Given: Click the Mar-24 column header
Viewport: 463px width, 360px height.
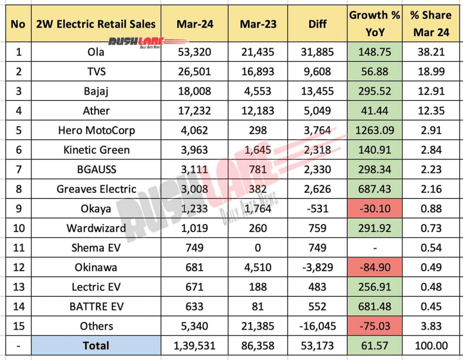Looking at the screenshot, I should (194, 24).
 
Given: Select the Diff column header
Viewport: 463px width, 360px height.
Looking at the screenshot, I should (317, 24).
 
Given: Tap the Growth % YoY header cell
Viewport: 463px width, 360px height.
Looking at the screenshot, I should (374, 24).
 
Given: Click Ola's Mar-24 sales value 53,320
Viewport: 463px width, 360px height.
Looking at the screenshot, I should (194, 52).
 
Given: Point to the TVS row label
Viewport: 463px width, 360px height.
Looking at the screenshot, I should (96, 71).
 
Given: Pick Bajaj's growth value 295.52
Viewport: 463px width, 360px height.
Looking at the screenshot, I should (374, 91).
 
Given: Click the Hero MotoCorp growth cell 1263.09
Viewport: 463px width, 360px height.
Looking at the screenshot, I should (374, 131).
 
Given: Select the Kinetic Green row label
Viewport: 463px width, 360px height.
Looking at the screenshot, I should (96, 150).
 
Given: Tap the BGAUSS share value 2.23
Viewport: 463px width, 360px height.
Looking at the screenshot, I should (431, 170).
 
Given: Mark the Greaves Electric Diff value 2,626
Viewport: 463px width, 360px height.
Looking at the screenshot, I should (317, 189).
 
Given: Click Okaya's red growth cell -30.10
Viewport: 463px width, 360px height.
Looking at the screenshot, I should (374, 209).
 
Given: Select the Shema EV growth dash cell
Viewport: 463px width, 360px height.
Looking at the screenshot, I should (374, 248).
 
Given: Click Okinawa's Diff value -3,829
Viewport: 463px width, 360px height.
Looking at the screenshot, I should (317, 268).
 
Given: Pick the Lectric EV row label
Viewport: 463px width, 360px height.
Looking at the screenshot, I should (96, 287).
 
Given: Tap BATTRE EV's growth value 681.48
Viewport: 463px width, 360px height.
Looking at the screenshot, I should (374, 307).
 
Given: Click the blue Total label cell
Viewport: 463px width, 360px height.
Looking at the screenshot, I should (96, 346).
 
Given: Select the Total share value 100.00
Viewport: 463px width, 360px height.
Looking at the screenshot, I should (431, 346).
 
